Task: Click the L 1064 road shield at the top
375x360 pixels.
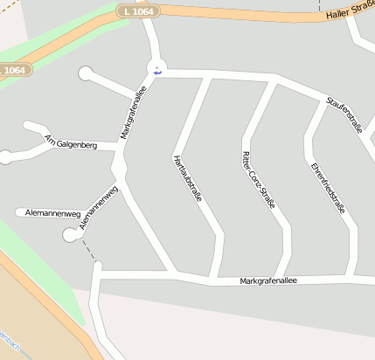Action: pyautogui.click(x=137, y=10)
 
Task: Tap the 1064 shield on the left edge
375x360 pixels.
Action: pyautogui.click(x=15, y=70)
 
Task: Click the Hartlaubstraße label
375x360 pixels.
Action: pyautogui.click(x=188, y=178)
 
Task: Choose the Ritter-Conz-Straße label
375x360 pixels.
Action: pyautogui.click(x=258, y=178)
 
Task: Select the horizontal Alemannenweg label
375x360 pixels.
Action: pyautogui.click(x=53, y=213)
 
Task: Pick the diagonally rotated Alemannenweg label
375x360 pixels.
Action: pyautogui.click(x=98, y=207)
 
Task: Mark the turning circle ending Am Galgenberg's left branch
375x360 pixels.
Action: pyautogui.click(x=6, y=157)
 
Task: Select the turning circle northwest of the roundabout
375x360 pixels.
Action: pyautogui.click(x=86, y=73)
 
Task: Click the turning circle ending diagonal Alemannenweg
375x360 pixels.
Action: pyautogui.click(x=71, y=233)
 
